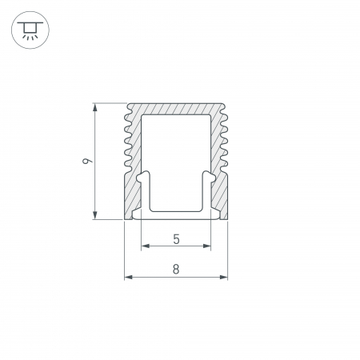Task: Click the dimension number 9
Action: pos(87,161)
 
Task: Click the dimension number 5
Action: pos(176,239)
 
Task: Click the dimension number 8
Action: pos(176,269)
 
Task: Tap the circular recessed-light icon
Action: pos(30,30)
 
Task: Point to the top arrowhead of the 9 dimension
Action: pos(95,107)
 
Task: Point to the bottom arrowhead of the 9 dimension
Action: pos(95,215)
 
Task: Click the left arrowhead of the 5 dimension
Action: pos(145,246)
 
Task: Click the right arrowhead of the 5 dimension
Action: pos(207,246)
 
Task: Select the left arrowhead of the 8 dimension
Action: pos(129,278)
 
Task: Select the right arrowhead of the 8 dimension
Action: pos(224,278)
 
